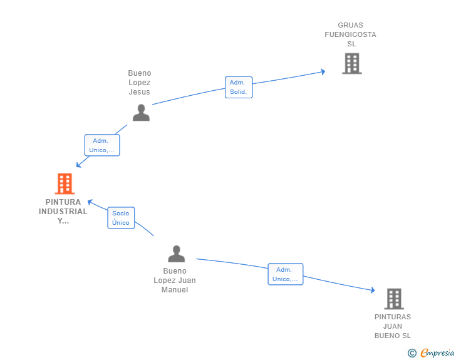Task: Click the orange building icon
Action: (65, 183)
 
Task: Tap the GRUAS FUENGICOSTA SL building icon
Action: (352, 63)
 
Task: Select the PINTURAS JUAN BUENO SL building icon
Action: (394, 299)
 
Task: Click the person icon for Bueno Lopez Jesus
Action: (141, 113)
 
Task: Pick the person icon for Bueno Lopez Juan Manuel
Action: (176, 254)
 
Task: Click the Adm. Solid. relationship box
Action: (239, 87)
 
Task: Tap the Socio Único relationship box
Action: (121, 218)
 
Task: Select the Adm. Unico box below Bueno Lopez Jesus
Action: (102, 145)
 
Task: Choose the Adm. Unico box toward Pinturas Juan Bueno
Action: (286, 274)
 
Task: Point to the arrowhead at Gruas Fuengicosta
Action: (323, 72)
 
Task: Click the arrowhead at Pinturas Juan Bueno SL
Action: (373, 290)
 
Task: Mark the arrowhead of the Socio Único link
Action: (90, 202)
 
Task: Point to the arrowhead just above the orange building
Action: (78, 165)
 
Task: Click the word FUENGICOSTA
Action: (350, 34)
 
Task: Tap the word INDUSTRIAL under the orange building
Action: (63, 212)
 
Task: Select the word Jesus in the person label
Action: (139, 92)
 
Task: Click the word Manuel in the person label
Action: (175, 290)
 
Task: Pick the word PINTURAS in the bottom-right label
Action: (393, 317)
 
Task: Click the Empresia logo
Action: (437, 352)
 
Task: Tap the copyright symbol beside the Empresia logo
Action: (412, 353)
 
